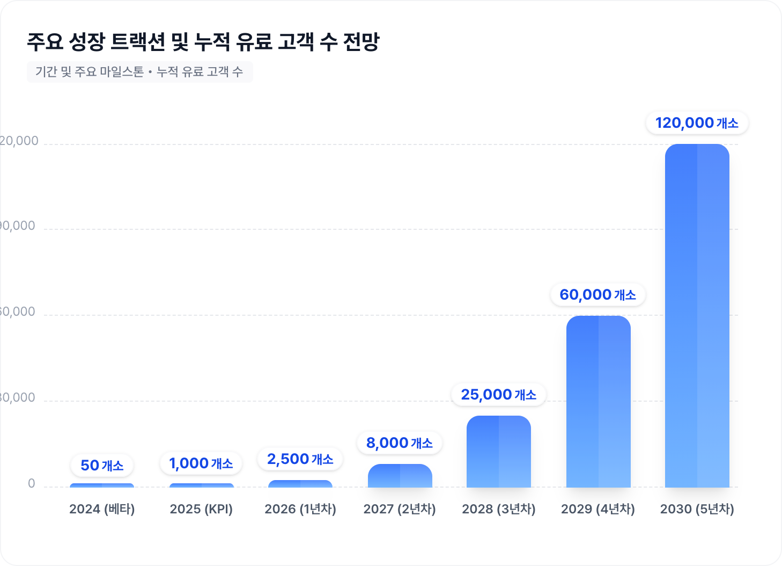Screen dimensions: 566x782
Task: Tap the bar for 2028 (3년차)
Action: point(498,452)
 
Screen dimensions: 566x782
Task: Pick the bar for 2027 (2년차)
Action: point(400,476)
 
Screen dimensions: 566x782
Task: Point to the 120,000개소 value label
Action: point(697,123)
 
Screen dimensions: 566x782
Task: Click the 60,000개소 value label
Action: point(597,295)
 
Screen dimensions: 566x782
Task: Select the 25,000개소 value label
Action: point(498,395)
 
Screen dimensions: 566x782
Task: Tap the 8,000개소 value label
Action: point(400,443)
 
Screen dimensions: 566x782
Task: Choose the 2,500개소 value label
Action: point(300,459)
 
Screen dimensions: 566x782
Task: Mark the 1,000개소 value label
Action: point(201,463)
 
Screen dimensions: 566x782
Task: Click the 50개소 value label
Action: point(102,466)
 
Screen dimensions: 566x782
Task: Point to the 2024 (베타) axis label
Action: point(102,509)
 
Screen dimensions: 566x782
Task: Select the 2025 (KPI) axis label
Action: point(201,509)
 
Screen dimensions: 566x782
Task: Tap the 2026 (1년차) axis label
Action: point(300,509)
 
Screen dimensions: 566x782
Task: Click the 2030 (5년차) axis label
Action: point(697,509)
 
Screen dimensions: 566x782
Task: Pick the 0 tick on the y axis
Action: point(32,484)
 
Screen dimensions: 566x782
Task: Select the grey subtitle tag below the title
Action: point(139,72)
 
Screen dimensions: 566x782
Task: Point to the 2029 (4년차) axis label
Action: point(598,509)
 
